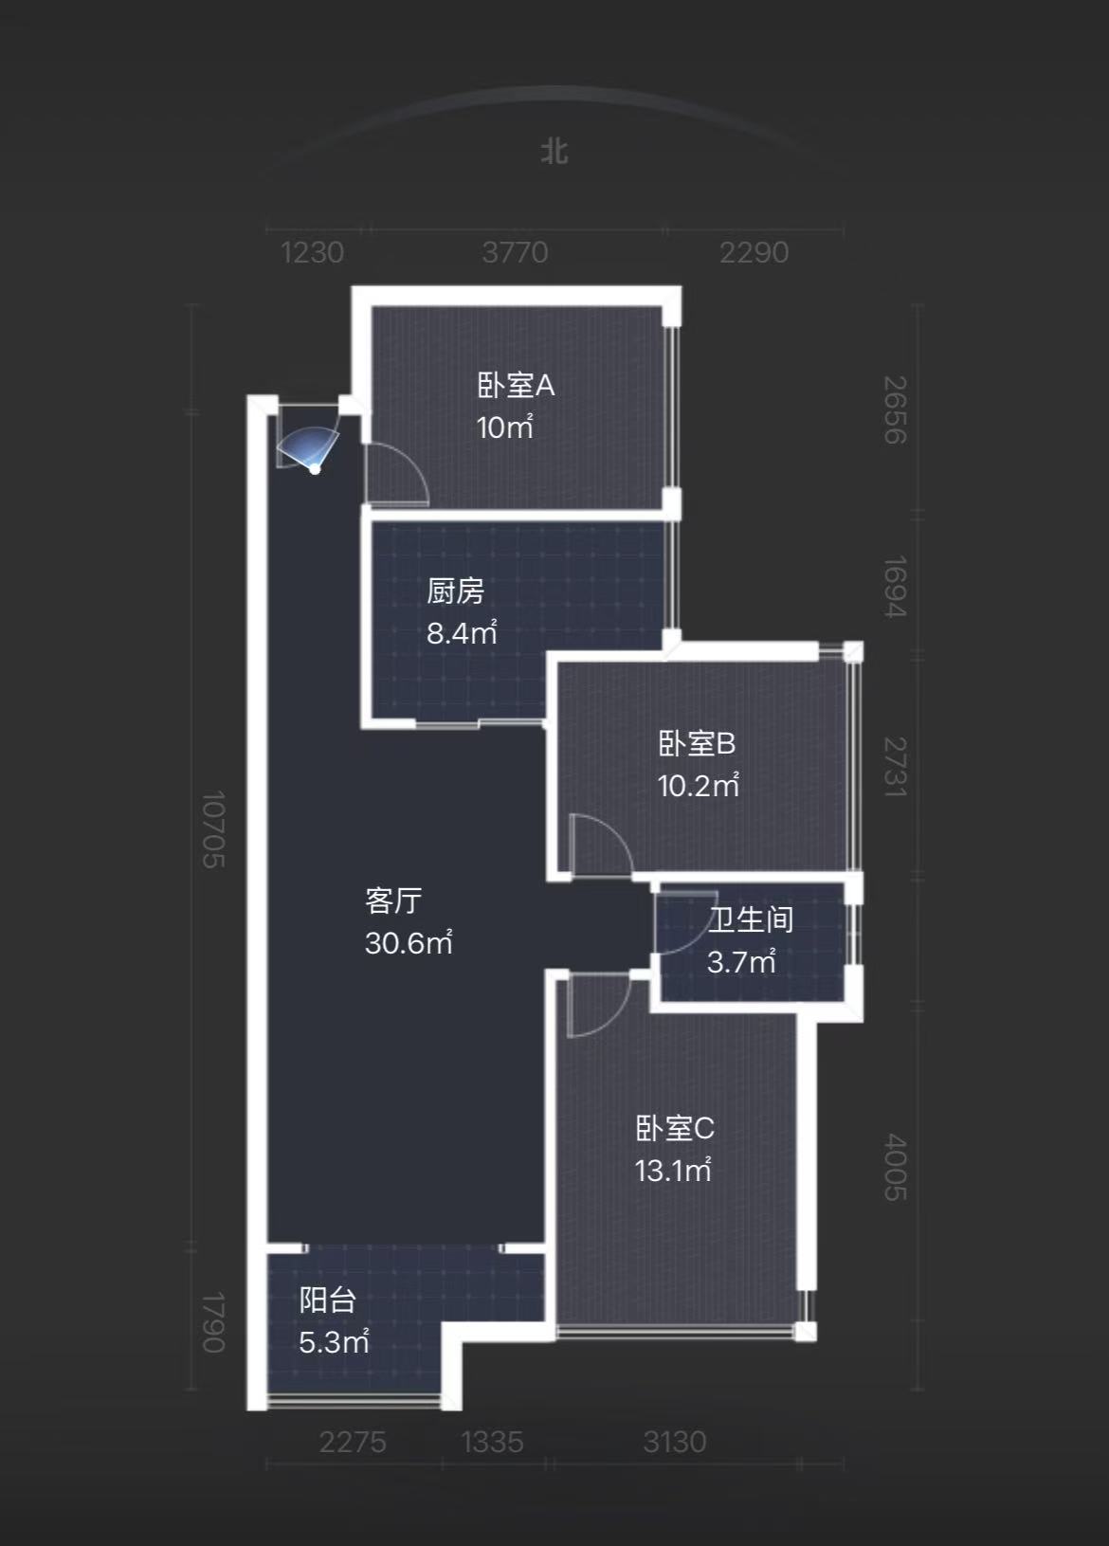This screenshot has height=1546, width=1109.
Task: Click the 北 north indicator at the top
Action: tap(554, 152)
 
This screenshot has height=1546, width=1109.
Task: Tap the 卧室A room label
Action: tap(516, 386)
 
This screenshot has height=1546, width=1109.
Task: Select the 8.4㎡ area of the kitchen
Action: tap(462, 632)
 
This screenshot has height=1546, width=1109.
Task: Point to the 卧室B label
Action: tap(697, 743)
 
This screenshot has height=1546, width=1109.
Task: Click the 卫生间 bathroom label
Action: tap(751, 919)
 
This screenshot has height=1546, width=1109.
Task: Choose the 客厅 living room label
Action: tap(393, 900)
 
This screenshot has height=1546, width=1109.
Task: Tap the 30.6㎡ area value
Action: tap(409, 942)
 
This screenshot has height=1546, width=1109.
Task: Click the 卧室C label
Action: tap(675, 1128)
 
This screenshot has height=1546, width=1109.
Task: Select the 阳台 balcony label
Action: tap(328, 1300)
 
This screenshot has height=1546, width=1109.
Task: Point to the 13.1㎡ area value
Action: tap(673, 1171)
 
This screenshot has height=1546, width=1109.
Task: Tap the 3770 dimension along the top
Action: tap(515, 252)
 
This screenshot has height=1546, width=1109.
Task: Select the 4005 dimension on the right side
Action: tap(896, 1167)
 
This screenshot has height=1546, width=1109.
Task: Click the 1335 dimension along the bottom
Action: tap(492, 1442)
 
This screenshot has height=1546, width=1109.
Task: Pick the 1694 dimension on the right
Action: tap(896, 586)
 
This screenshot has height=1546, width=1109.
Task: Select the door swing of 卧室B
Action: tap(600, 845)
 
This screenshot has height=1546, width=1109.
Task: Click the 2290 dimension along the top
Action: tap(754, 252)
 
